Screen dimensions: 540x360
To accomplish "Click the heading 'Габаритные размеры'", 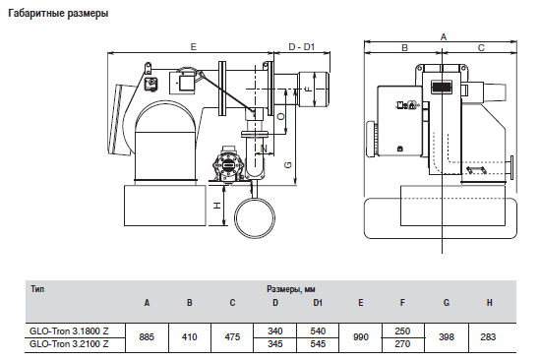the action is coord(58,14).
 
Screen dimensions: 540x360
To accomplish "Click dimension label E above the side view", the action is coord(194,47).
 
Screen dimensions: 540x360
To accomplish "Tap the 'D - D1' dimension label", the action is coord(302,47).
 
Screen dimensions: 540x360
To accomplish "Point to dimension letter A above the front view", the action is coord(444,36).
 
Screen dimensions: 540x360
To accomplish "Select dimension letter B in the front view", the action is coord(405,48).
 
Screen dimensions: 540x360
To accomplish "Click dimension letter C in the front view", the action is coord(481,48).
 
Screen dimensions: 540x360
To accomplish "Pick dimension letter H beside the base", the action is coord(217,206).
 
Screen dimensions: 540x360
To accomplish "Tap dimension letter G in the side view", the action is coord(288,165).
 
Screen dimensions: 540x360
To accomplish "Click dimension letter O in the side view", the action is coord(281,117).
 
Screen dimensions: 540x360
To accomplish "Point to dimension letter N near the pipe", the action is coord(265,149).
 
